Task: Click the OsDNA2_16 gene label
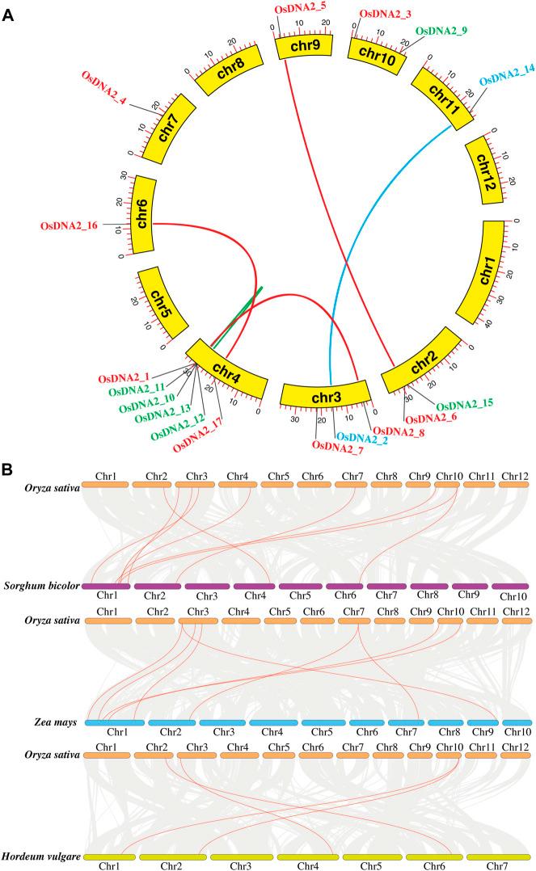point(69,225)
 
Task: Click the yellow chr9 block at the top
point(301,48)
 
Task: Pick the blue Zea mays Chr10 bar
point(516,722)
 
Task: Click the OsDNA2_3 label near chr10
point(386,13)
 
